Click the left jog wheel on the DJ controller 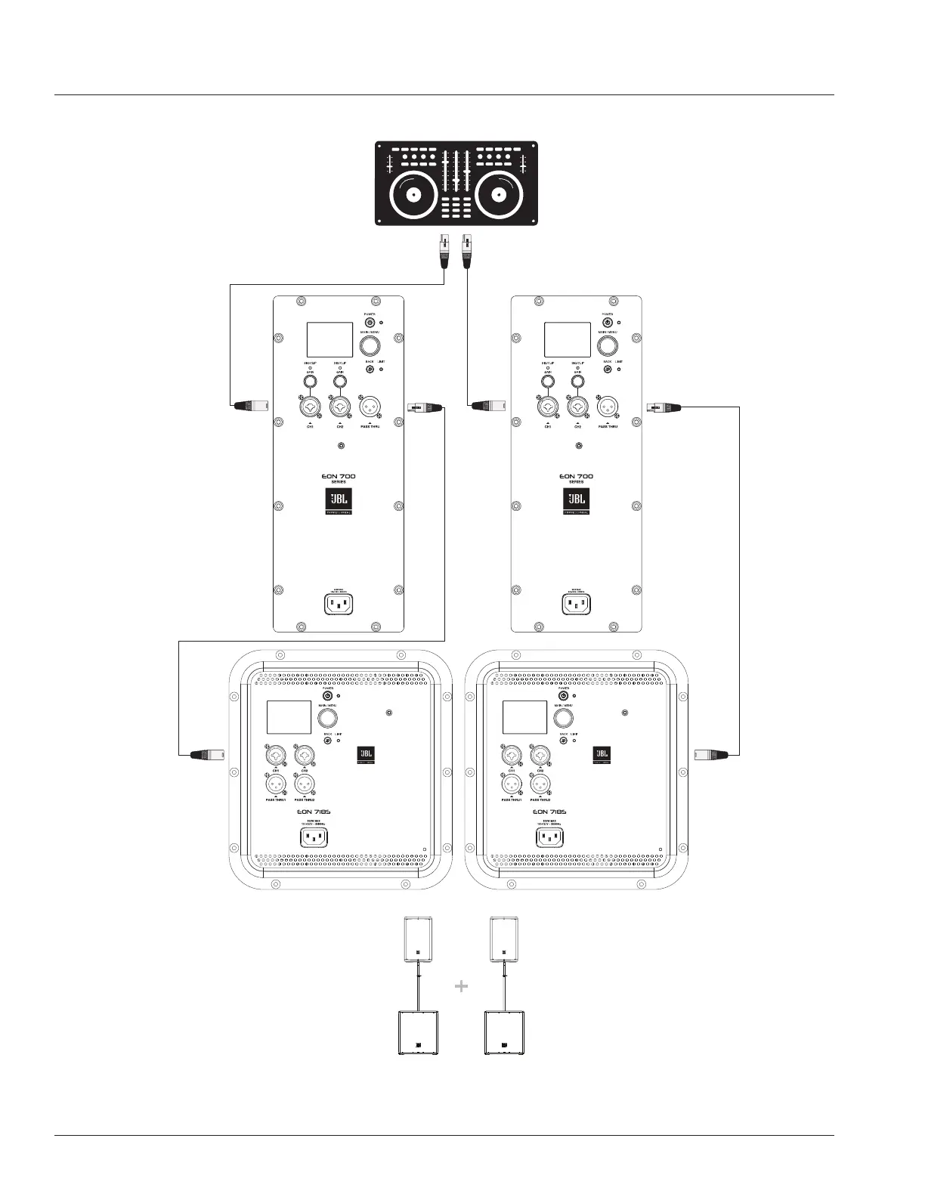pos(413,193)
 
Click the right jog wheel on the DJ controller pos(498,193)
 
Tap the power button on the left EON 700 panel pos(370,323)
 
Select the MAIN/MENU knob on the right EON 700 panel pos(608,346)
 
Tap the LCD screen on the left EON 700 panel pos(329,340)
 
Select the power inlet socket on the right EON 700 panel pos(576,605)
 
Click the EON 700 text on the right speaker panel pos(576,477)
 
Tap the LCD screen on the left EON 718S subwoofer pos(289,716)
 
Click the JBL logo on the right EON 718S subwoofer pos(602,754)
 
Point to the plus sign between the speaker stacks pos(462,986)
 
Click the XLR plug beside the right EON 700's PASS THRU pos(663,407)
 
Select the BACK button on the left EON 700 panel pos(370,370)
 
